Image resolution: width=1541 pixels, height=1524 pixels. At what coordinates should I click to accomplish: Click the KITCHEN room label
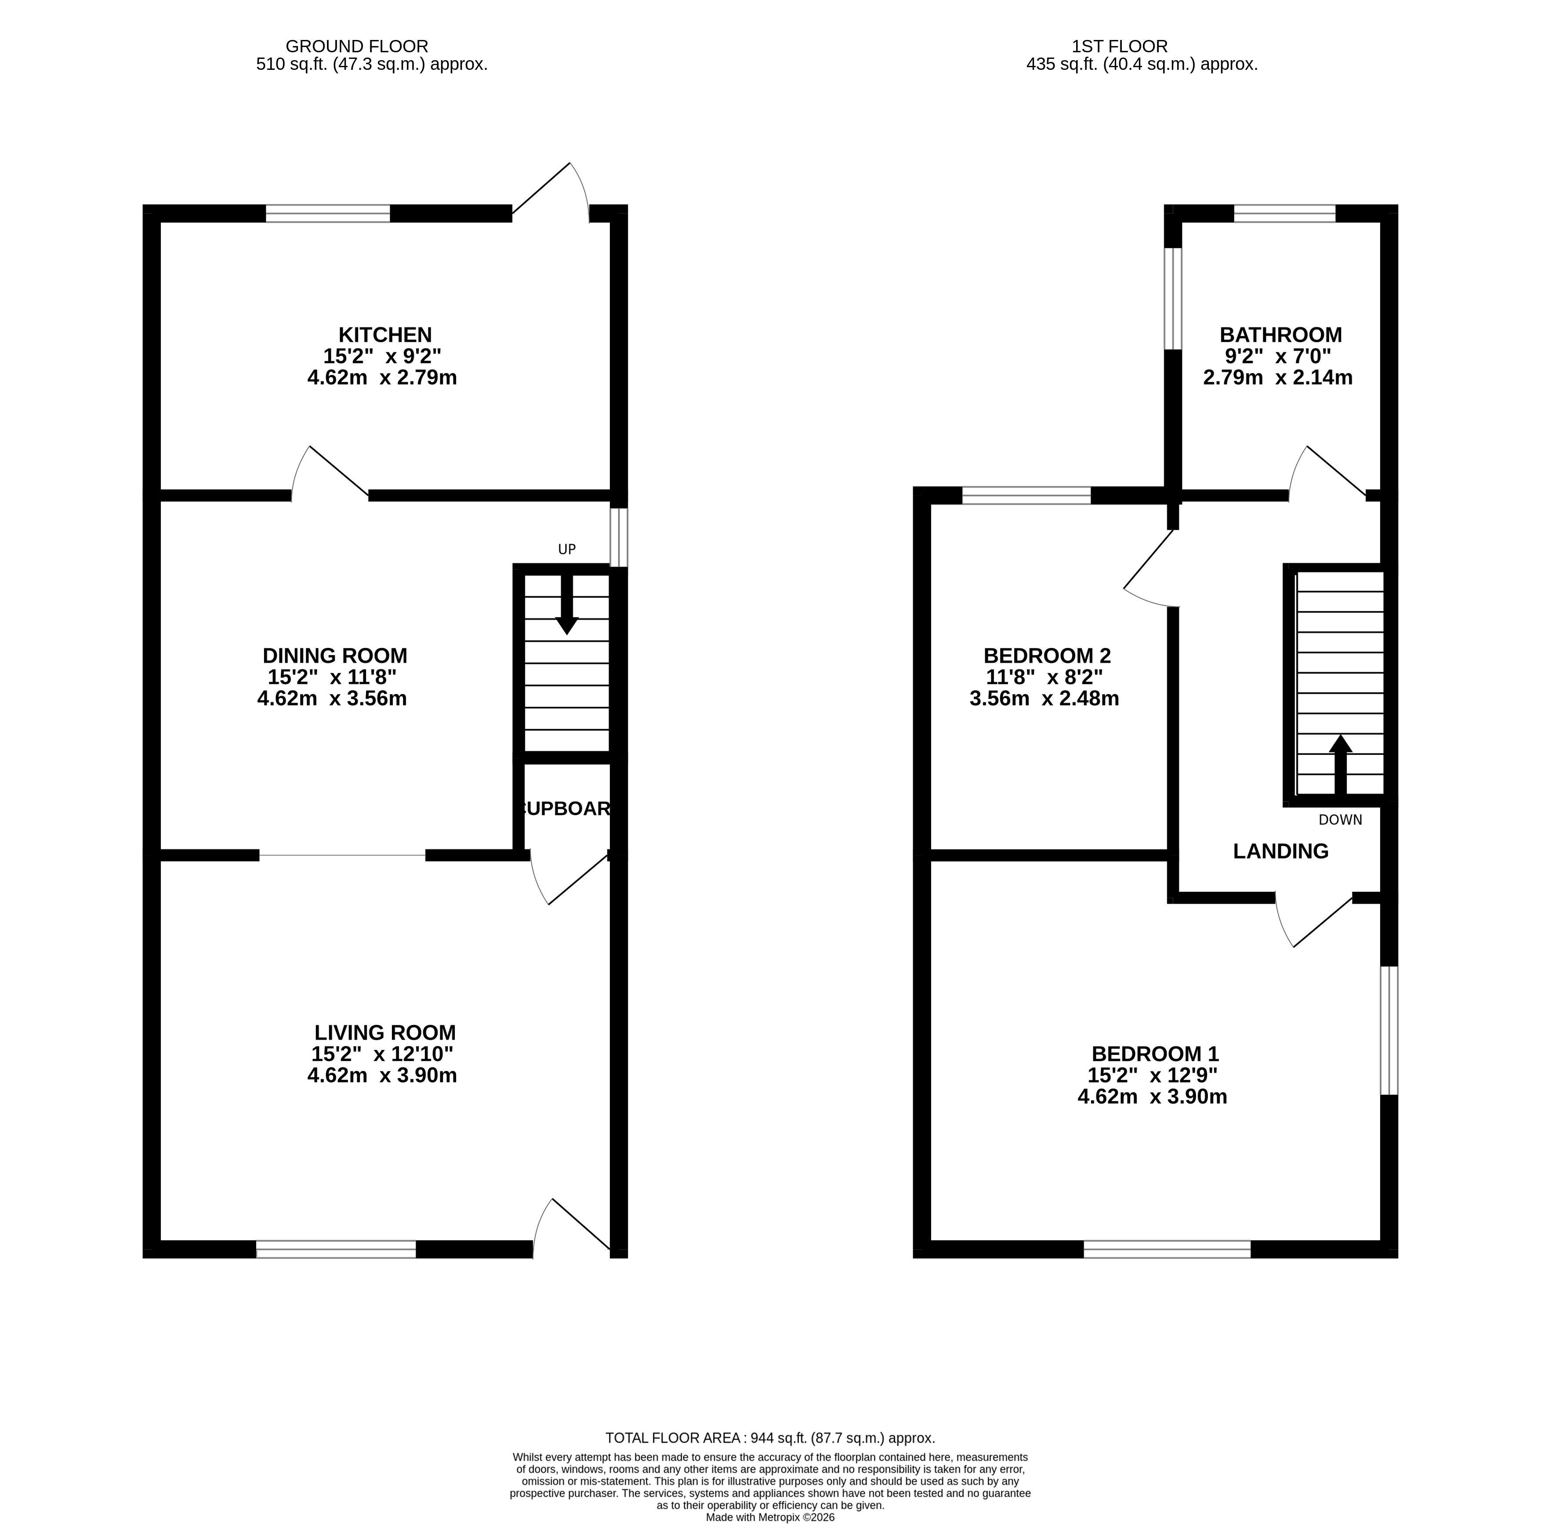pyautogui.click(x=385, y=335)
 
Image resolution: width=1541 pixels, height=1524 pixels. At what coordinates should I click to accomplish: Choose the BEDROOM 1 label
pyautogui.click(x=1155, y=1054)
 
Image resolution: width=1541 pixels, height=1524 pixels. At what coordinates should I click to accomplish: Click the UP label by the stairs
pyautogui.click(x=566, y=550)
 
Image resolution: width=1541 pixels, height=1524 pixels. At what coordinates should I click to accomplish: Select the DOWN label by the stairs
pyautogui.click(x=1340, y=820)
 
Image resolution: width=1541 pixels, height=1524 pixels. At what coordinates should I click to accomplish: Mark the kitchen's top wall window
pyautogui.click(x=328, y=214)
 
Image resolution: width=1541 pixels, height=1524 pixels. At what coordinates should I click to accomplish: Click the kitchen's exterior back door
pyautogui.click(x=550, y=192)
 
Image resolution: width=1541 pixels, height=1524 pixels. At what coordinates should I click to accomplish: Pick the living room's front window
pyautogui.click(x=336, y=1250)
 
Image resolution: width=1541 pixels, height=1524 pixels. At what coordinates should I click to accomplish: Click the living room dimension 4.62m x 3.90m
pyautogui.click(x=382, y=1076)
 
